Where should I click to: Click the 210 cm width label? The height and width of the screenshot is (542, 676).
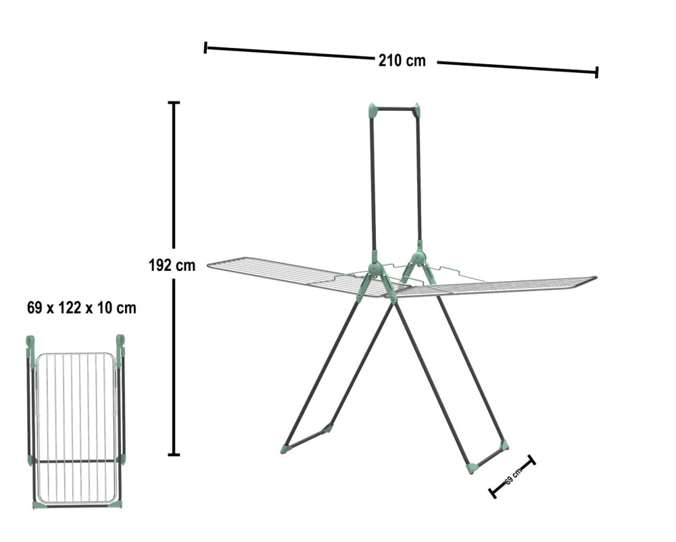[x=402, y=61]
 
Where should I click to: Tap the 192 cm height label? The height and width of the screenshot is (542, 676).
[x=172, y=265]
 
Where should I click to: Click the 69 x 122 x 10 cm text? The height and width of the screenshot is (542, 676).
[x=82, y=308]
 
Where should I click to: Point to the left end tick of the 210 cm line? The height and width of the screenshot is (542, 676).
[x=206, y=47]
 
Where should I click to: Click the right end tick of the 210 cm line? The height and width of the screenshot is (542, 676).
[x=597, y=72]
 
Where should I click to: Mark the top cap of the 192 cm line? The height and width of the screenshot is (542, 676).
[x=174, y=103]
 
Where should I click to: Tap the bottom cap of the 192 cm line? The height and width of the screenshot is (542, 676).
[x=174, y=454]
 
